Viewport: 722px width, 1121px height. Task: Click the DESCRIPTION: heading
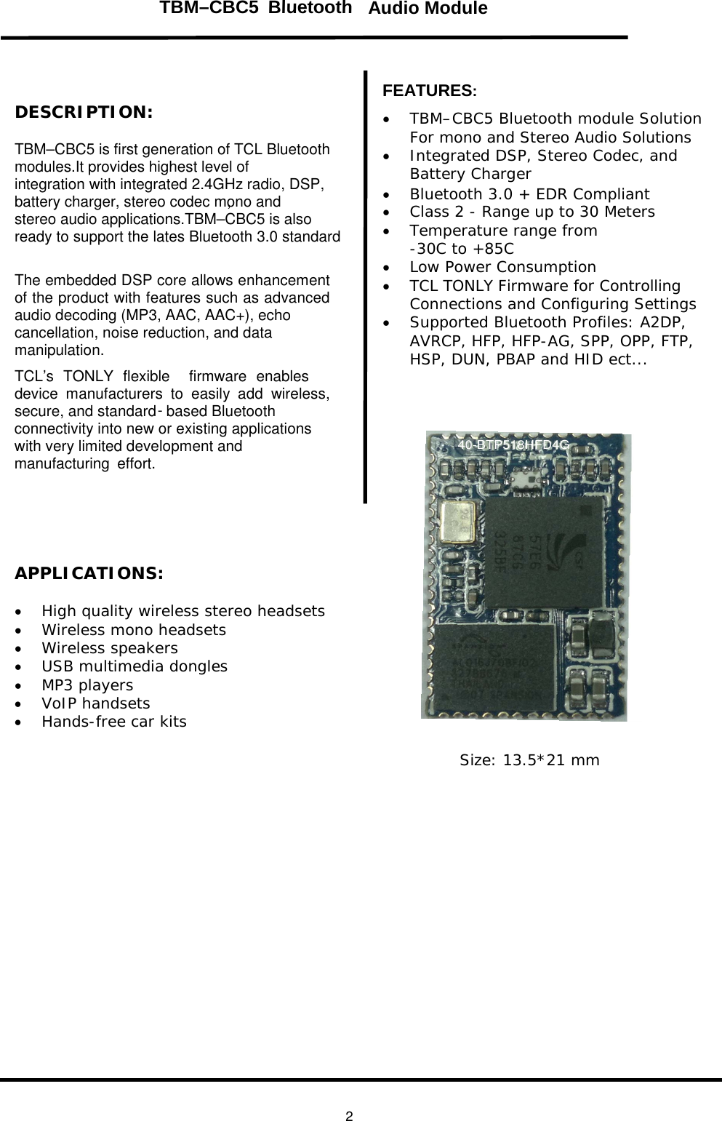84,113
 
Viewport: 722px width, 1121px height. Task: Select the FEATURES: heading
430,91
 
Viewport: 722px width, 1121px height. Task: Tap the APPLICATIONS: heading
89,573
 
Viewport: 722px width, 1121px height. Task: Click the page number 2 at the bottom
350,1117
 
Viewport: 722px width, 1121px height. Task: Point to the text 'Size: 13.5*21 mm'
529,760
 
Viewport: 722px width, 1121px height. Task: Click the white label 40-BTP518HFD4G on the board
513,445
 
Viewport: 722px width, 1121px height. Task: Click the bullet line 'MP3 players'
87,685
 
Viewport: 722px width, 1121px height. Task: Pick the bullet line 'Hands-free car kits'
114,722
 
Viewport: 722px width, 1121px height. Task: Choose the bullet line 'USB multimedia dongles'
135,666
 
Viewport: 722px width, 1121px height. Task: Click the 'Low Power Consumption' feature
502,267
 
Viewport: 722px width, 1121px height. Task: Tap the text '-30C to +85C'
462,249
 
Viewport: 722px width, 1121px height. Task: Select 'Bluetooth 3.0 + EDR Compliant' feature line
529,194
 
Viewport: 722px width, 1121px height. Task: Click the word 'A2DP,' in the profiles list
662,322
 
